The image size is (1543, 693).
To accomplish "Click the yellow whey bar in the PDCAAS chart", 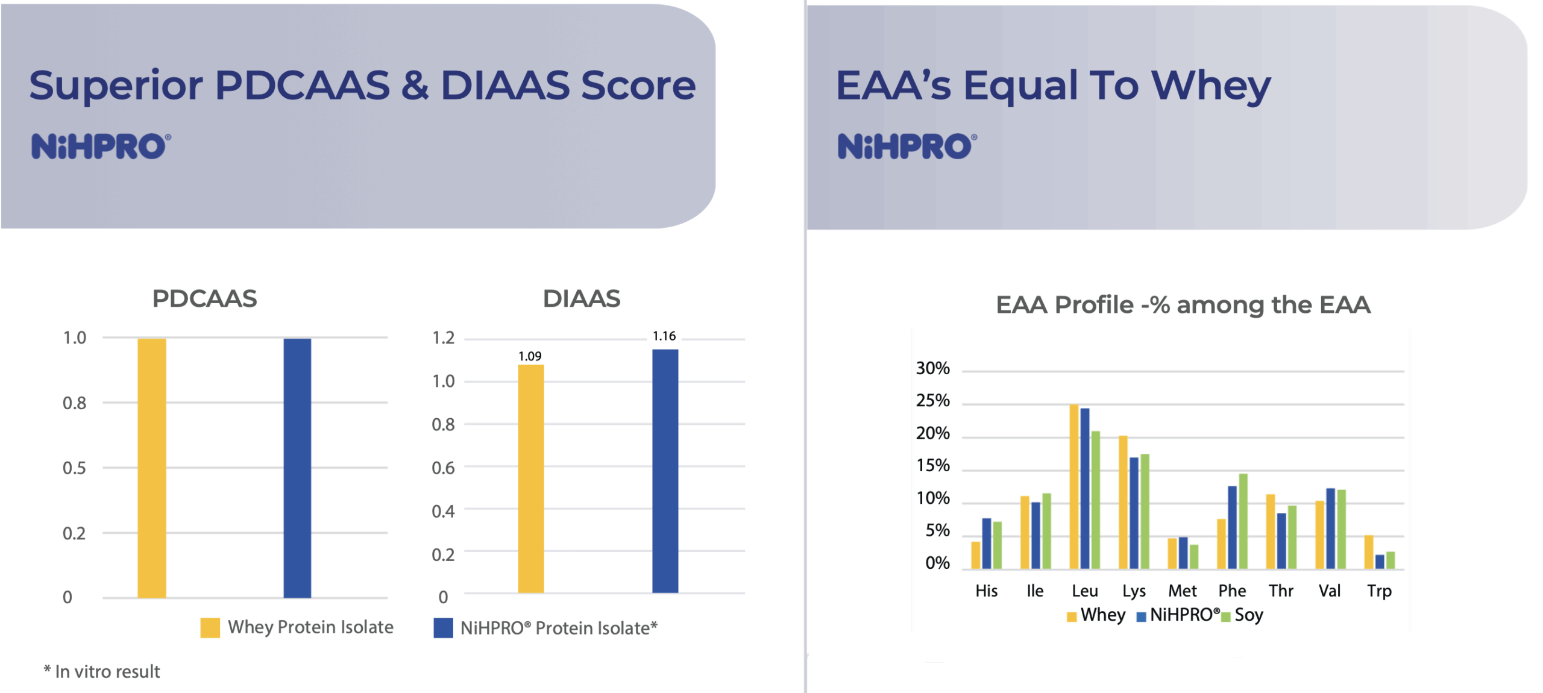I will [151, 468].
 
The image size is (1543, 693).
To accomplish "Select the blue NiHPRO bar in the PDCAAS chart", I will [297, 468].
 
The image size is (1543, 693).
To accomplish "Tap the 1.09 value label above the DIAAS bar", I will [530, 356].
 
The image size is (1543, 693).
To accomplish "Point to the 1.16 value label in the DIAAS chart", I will [664, 336].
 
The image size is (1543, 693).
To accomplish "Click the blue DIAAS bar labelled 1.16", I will [665, 471].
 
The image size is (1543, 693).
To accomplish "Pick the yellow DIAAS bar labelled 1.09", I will [530, 479].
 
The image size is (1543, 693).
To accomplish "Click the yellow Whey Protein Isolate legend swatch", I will [210, 628].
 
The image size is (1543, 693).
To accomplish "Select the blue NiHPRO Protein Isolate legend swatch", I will [443, 628].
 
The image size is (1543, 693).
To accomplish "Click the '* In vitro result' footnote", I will [102, 672].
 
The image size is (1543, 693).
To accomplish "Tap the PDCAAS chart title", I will [204, 299].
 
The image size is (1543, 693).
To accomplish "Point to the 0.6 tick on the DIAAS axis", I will [443, 468].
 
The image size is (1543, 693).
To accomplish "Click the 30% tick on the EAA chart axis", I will [932, 368].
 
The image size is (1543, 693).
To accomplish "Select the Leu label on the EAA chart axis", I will [1084, 591].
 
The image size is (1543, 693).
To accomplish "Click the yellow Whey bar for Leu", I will [1073, 487].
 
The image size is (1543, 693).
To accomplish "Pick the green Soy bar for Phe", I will [1242, 521].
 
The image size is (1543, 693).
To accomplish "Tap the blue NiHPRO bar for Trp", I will [1379, 562].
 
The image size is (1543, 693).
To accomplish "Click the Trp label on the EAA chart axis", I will [1379, 591].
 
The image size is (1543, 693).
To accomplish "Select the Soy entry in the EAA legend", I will [1248, 615].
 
